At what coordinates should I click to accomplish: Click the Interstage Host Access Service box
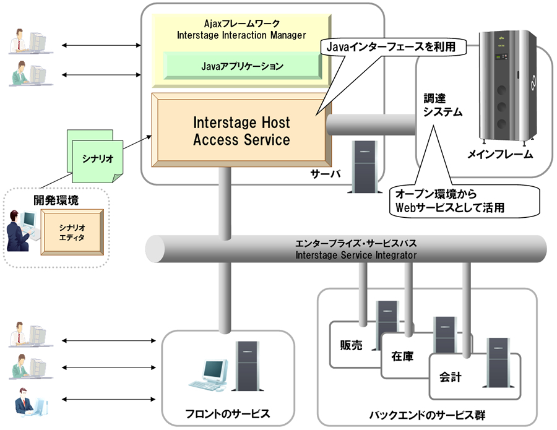click(x=241, y=131)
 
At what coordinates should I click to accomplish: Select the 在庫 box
click(x=402, y=357)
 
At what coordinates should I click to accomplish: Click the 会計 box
click(x=450, y=376)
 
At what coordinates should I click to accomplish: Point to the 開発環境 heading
click(x=56, y=200)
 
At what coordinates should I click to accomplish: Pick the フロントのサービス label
click(x=228, y=413)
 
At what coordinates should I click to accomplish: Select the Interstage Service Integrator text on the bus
click(x=356, y=254)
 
